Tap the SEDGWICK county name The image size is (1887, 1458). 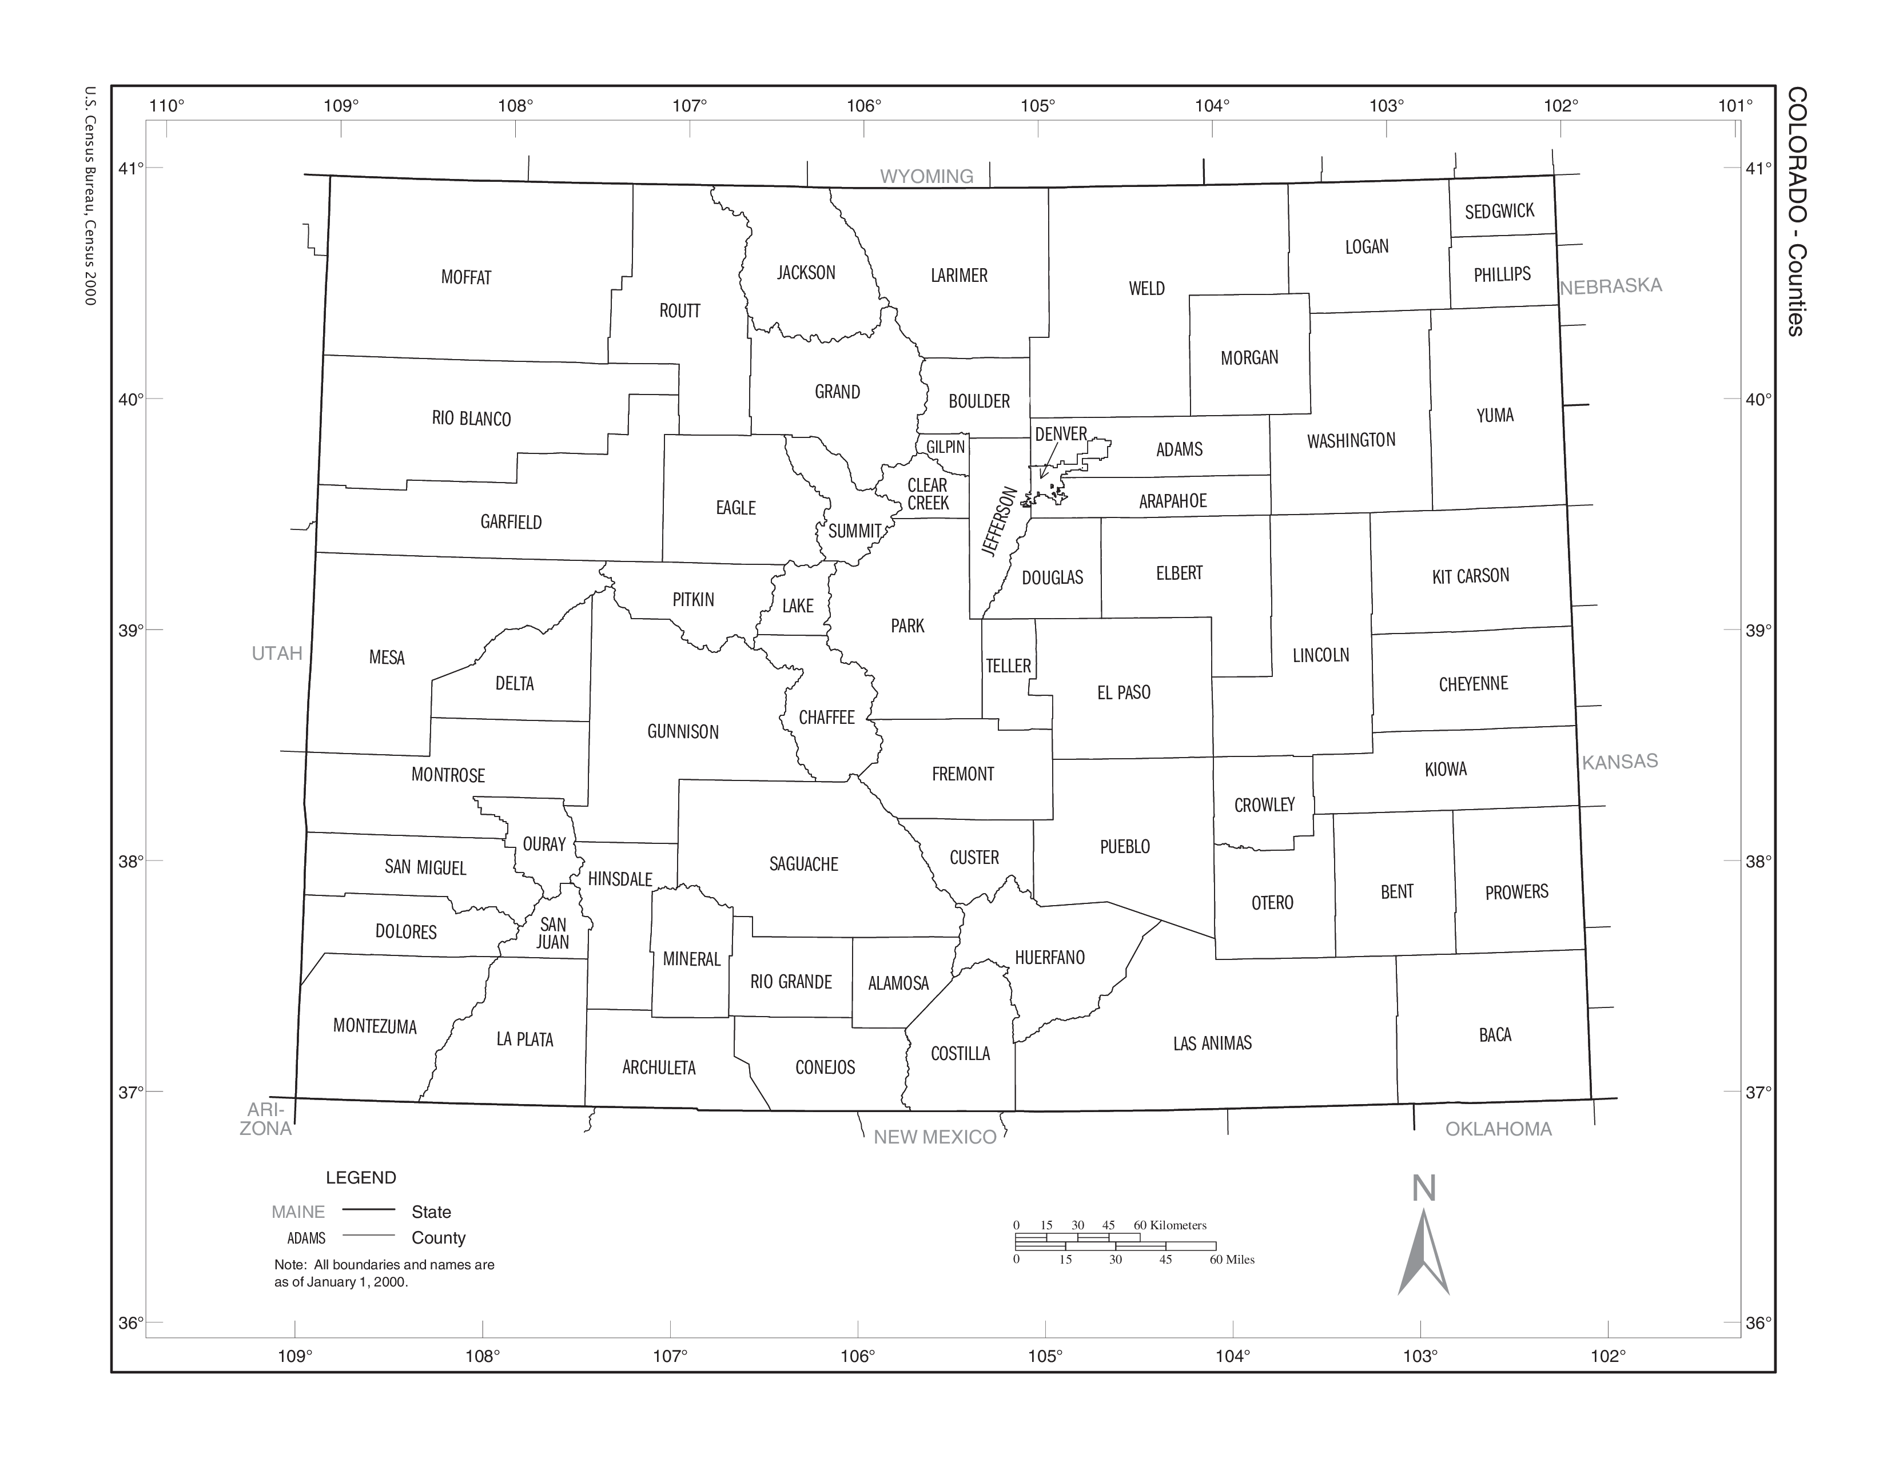(1499, 211)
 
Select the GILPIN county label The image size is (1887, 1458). (945, 447)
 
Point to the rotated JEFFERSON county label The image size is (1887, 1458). (1001, 521)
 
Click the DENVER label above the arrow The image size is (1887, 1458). (1060, 433)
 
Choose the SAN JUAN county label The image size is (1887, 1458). (553, 933)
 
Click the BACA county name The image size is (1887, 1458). (1495, 1035)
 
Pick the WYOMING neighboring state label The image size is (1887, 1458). (926, 176)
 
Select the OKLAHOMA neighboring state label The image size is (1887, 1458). (1498, 1129)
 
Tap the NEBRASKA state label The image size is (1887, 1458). (1610, 286)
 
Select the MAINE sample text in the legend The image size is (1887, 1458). (298, 1212)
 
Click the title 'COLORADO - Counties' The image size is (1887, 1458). (1796, 211)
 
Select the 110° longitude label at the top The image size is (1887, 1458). (167, 106)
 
